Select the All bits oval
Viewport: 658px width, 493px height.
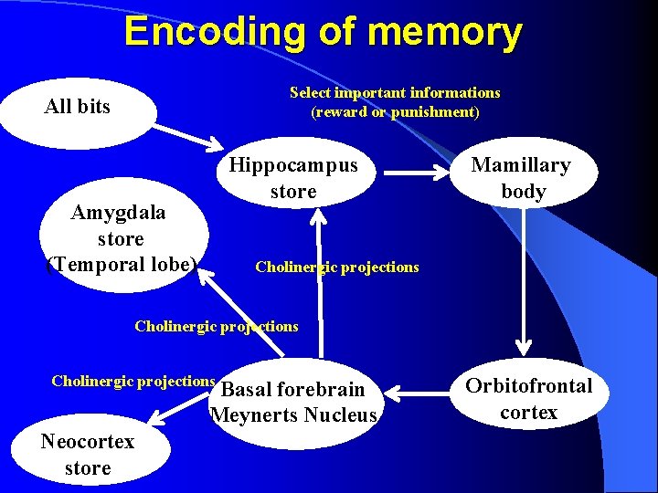pyautogui.click(x=78, y=107)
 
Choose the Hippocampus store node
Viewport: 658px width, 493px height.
pyautogui.click(x=292, y=178)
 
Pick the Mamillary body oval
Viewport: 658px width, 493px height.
pyautogui.click(x=522, y=178)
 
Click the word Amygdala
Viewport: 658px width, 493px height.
pyautogui.click(x=119, y=213)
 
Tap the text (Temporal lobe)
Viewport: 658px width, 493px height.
pyautogui.click(x=121, y=265)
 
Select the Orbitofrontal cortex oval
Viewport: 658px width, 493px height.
pyautogui.click(x=528, y=399)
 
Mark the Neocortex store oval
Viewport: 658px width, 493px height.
pyautogui.click(x=87, y=454)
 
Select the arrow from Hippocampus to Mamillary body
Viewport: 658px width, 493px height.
pyautogui.click(x=416, y=170)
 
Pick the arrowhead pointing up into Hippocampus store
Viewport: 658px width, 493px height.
pyautogui.click(x=318, y=215)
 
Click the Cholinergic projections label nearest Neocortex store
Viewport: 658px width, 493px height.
pyautogui.click(x=133, y=381)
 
